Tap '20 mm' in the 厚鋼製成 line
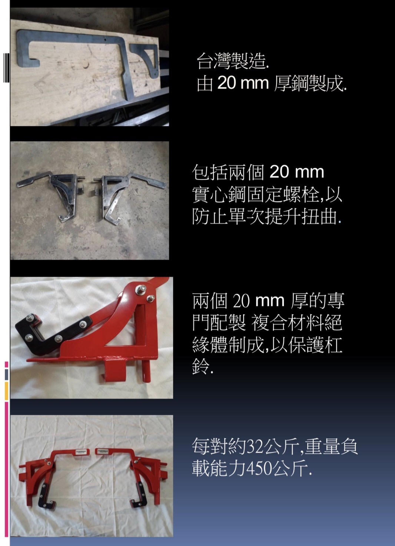click(242, 83)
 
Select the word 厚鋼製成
click(310, 84)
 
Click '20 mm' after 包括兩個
click(296, 172)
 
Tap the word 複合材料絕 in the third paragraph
click(296, 323)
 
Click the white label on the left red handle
click(81, 452)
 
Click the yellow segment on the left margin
click(6, 391)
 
